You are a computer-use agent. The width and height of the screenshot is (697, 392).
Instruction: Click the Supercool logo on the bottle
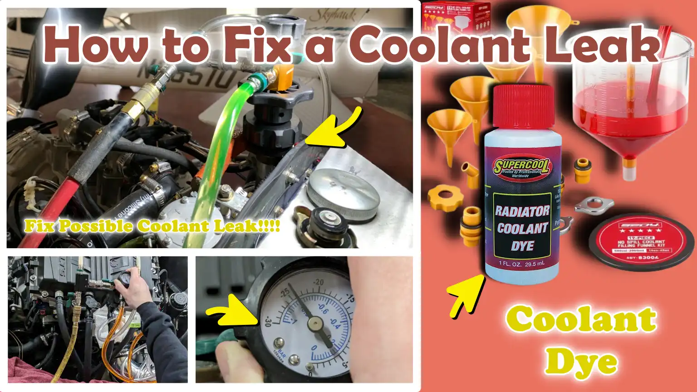522,168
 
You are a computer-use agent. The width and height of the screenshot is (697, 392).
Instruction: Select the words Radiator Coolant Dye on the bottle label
522,228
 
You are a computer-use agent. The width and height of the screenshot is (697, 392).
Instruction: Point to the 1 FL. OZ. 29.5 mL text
521,264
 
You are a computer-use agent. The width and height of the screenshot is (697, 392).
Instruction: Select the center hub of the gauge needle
314,323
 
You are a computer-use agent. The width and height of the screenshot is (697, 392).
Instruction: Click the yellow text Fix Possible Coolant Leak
152,226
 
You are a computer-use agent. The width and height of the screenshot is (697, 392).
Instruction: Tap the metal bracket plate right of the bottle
594,206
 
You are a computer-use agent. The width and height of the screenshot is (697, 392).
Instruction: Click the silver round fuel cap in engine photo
343,193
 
